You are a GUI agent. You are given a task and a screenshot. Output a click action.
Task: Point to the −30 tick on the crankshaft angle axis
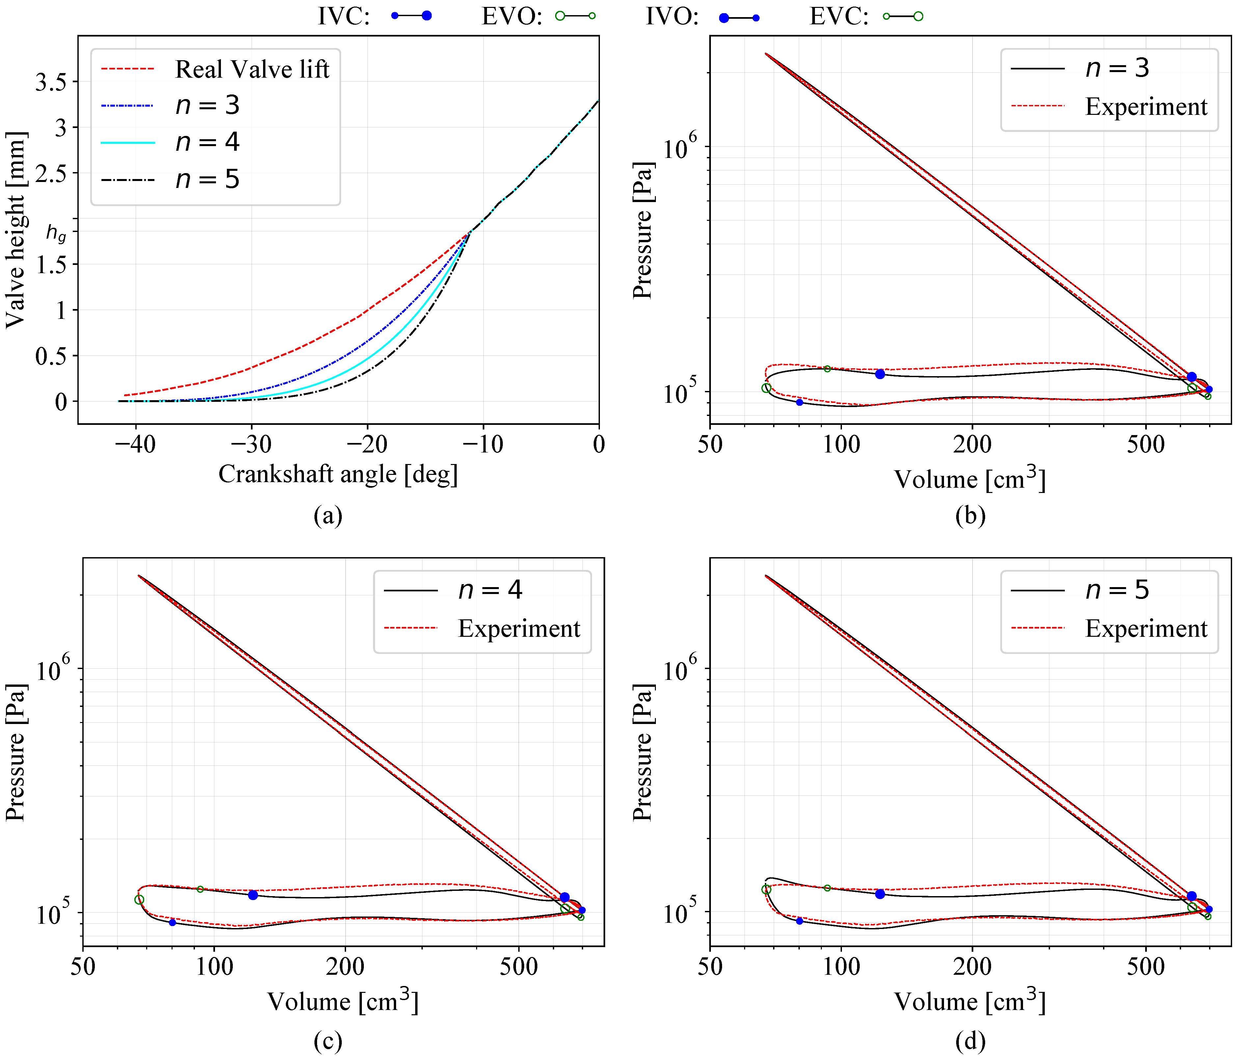(x=252, y=444)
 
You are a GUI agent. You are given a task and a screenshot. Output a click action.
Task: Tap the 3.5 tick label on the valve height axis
(x=51, y=82)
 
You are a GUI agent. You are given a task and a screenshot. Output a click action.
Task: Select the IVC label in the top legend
(x=343, y=16)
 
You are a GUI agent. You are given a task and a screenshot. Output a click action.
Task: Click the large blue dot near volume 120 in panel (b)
(x=880, y=374)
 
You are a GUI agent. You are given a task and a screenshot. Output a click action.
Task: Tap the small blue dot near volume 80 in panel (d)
(x=799, y=921)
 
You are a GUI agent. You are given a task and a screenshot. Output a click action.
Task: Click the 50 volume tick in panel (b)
(x=710, y=444)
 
